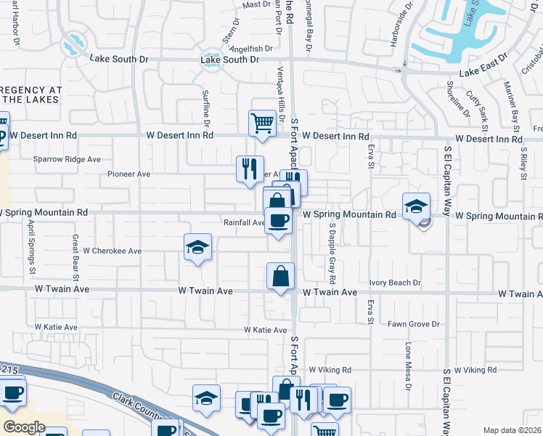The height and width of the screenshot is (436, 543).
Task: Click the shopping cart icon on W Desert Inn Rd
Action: click(x=262, y=122)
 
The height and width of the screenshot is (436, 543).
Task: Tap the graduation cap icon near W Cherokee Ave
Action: click(x=197, y=247)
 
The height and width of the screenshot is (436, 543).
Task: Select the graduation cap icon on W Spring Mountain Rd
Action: click(x=417, y=206)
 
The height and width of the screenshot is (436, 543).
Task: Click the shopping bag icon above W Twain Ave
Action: click(x=280, y=276)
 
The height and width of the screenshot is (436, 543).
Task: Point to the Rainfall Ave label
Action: click(x=244, y=223)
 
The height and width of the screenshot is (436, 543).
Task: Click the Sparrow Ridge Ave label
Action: click(x=67, y=158)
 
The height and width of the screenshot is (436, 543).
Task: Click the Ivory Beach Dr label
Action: click(x=394, y=283)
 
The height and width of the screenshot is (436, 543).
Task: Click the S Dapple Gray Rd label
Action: click(x=332, y=253)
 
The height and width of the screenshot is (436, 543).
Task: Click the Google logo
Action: click(x=24, y=427)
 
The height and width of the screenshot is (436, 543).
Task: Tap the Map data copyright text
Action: click(x=512, y=430)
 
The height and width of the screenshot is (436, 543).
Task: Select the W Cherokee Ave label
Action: click(x=112, y=251)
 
